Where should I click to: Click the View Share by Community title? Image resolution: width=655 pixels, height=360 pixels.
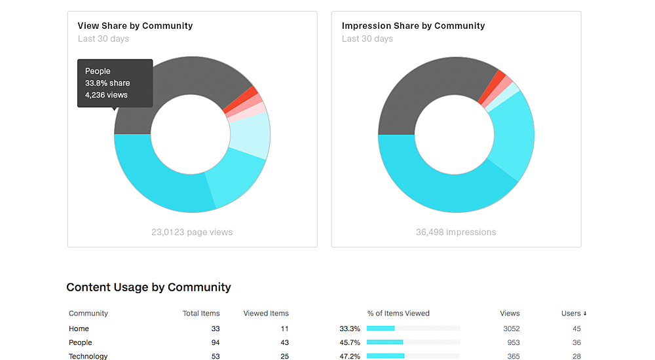point(135,26)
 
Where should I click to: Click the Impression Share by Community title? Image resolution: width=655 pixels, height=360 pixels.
point(413,26)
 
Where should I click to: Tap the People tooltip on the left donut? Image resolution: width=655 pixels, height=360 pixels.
point(115,83)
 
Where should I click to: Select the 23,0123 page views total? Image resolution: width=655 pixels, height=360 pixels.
point(192,232)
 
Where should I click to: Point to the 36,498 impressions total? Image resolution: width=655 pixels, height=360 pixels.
point(456,232)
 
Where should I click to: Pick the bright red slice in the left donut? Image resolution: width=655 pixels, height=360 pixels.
point(252,93)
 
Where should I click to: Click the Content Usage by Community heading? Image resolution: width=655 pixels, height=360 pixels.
point(149,287)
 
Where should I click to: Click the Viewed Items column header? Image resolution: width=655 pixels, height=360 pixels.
point(266,314)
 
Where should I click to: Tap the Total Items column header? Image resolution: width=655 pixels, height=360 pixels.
point(201,314)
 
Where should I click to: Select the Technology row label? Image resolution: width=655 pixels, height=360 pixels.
point(88,356)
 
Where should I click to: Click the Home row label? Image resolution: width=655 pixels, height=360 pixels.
point(79,329)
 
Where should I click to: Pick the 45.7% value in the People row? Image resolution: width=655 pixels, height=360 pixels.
point(348,342)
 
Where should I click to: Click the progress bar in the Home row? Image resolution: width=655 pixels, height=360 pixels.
point(413,329)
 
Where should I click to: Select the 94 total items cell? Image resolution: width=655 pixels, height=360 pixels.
point(215,342)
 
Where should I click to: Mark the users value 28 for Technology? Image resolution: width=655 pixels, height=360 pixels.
point(576,356)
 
